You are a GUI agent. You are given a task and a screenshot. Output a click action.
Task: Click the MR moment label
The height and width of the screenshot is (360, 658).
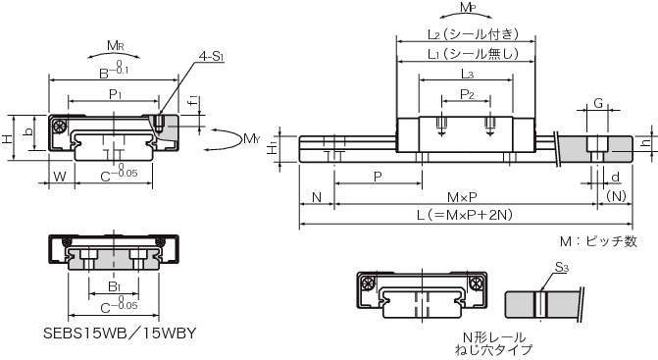[x=116, y=45]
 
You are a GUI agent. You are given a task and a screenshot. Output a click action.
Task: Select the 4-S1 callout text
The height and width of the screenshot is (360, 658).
[x=211, y=56]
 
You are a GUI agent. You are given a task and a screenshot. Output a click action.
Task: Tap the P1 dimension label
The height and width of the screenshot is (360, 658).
[x=115, y=94]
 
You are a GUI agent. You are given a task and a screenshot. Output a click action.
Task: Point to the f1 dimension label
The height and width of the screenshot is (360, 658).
[x=193, y=101]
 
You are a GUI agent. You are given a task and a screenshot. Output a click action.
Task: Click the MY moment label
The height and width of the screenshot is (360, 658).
[x=251, y=138]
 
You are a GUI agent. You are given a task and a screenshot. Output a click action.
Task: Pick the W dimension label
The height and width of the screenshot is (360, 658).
[x=60, y=176]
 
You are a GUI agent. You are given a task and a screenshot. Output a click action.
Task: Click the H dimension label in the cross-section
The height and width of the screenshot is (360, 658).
[x=9, y=139]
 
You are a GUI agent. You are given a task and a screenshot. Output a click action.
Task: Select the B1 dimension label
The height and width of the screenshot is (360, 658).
[x=114, y=286]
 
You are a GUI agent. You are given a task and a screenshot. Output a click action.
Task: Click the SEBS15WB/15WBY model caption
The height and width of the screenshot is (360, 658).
[x=120, y=334]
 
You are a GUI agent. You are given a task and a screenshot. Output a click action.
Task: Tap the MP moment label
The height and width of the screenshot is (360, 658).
[x=468, y=8]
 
